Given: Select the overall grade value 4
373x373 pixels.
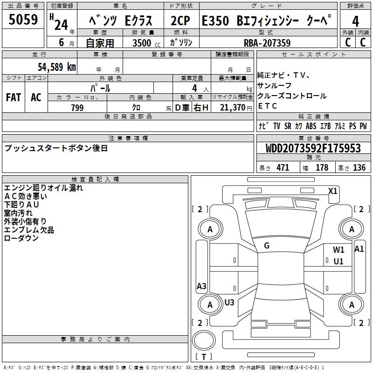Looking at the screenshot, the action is tap(355, 21).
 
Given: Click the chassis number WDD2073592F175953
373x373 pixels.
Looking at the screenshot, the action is tap(313, 148).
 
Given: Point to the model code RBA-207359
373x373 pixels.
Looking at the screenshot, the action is tap(267, 43).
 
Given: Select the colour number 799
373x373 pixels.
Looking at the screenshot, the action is tap(77, 108).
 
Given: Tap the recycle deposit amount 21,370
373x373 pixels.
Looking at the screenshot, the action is tap(232, 108).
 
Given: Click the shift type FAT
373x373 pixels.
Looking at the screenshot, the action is tap(13, 97).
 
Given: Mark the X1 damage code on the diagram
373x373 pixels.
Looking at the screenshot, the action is tap(332, 191).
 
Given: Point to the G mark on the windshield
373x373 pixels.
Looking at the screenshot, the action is tap(267, 245).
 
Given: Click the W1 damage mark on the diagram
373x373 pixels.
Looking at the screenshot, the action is tap(338, 250).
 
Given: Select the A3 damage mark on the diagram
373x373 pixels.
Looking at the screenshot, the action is tap(201, 286).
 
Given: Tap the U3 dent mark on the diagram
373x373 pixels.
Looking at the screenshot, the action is tap(229, 303).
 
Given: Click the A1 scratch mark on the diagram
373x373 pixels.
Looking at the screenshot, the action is tap(359, 249).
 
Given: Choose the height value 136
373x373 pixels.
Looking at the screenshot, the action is tap(359, 168).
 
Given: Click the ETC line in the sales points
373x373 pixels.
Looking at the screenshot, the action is tap(268, 106).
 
